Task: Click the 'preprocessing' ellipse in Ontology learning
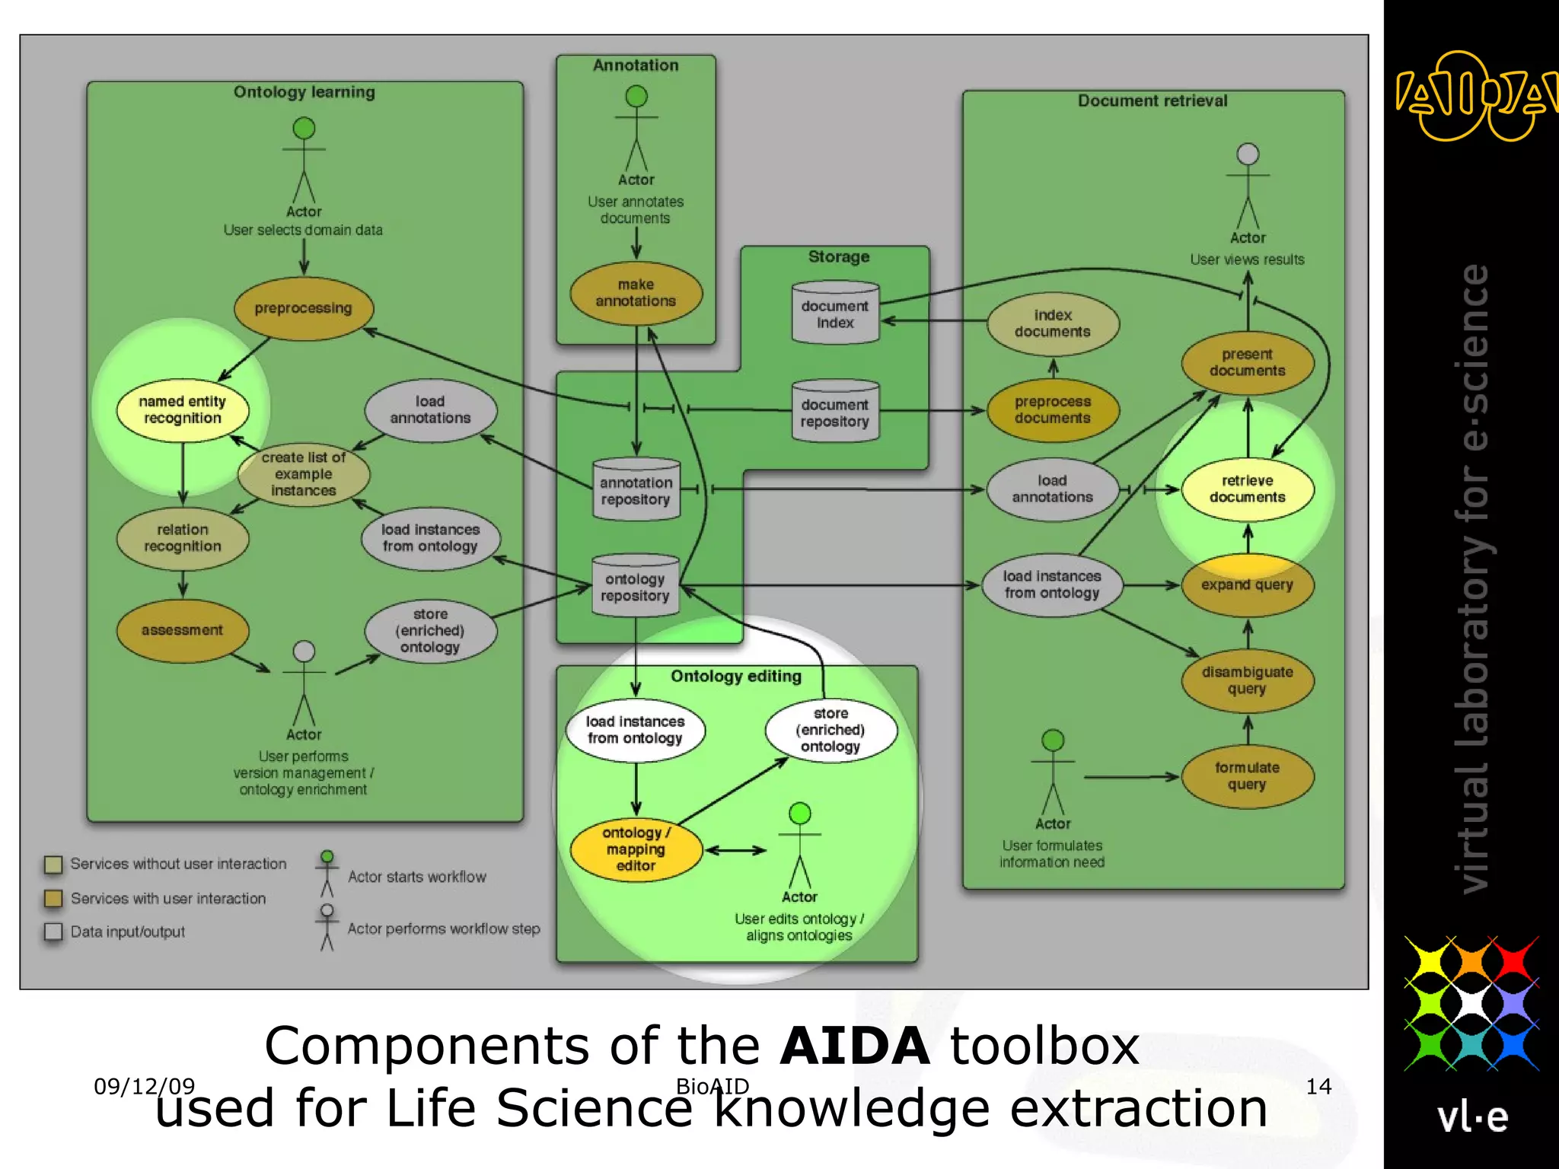(303, 308)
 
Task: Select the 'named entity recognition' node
(183, 410)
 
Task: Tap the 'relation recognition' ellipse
(183, 538)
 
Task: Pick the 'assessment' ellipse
(182, 630)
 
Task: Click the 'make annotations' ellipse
(636, 293)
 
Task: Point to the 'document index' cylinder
(835, 314)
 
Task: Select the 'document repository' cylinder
(835, 412)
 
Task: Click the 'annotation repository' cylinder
(636, 491)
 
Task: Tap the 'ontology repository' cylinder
(635, 587)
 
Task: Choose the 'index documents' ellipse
(1053, 323)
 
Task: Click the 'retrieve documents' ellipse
(1247, 489)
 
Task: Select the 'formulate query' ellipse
(1247, 776)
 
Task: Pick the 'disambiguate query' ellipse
(1247, 680)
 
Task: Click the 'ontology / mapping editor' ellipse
(636, 849)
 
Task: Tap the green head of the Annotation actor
(636, 97)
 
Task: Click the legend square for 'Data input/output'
(53, 932)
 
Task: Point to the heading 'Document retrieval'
(1153, 100)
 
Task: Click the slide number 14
(1318, 1087)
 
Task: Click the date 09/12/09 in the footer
(144, 1087)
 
